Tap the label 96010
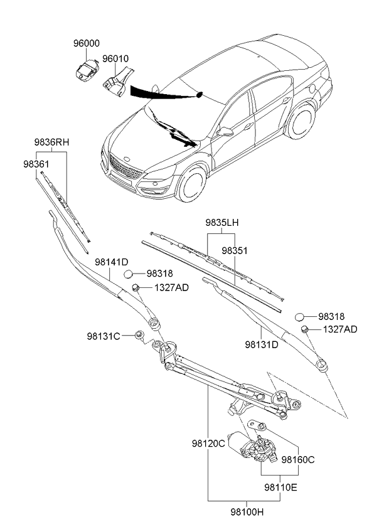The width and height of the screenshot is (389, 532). point(115,59)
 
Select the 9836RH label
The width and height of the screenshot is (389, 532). point(51,142)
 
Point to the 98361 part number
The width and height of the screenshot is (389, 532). point(36,163)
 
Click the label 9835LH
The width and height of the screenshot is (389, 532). point(222,223)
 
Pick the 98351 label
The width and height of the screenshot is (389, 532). point(235,250)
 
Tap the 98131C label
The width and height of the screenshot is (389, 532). point(104,336)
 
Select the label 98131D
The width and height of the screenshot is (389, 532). point(262,344)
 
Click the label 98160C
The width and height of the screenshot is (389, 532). point(297,460)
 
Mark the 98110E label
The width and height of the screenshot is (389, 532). point(280,487)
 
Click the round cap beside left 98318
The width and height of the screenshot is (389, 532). point(129,274)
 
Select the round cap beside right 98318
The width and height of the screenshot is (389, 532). point(301,317)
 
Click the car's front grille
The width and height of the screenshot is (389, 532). point(124,168)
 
